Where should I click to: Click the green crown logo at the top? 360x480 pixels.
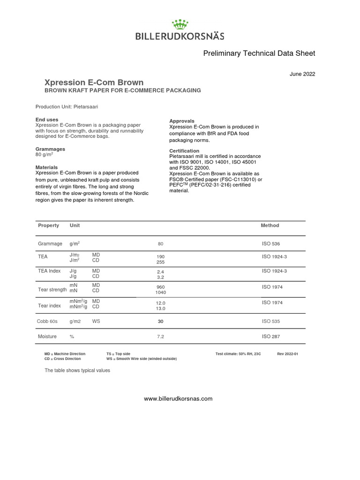(x=180, y=24)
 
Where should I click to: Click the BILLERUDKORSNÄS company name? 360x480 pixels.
(x=180, y=36)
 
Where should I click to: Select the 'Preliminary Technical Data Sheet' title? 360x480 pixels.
(x=259, y=53)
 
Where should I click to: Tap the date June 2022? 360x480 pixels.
(x=303, y=74)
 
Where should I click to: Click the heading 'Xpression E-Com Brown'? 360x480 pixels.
(x=94, y=82)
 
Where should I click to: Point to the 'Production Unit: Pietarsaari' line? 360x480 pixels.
(x=67, y=107)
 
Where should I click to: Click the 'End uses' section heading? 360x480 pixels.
(x=47, y=120)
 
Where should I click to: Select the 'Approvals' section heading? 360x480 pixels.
(x=181, y=121)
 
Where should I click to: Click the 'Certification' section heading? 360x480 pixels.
(x=184, y=151)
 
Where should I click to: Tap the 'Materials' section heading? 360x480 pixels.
(x=47, y=167)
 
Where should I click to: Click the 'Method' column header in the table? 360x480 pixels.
(x=270, y=225)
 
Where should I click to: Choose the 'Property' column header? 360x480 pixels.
(x=48, y=225)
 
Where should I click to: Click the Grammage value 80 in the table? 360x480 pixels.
(x=161, y=244)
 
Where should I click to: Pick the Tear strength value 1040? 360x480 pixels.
(x=161, y=292)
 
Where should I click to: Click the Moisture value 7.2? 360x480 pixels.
(x=161, y=337)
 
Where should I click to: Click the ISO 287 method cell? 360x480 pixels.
(x=271, y=337)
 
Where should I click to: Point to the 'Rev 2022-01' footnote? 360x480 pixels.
(x=287, y=354)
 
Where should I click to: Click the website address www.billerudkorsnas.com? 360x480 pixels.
(x=178, y=399)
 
